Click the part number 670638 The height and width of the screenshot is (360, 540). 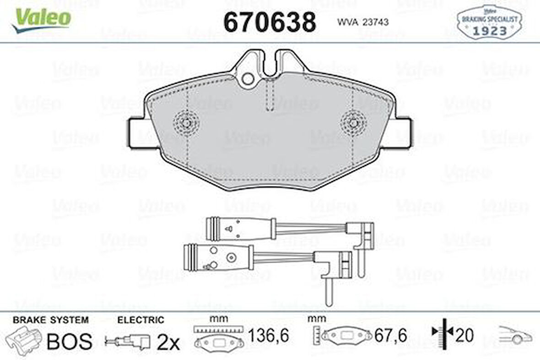(x=270, y=22)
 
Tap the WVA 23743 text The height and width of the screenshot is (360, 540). (x=363, y=22)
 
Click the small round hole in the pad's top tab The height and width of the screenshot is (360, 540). (x=248, y=79)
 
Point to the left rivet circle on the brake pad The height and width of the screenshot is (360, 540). (x=185, y=123)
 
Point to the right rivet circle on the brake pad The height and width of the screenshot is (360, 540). (x=353, y=123)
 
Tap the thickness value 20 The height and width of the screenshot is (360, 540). (x=464, y=336)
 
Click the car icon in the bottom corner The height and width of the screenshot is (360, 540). (x=515, y=335)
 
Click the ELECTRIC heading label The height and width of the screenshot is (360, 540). (x=140, y=320)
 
